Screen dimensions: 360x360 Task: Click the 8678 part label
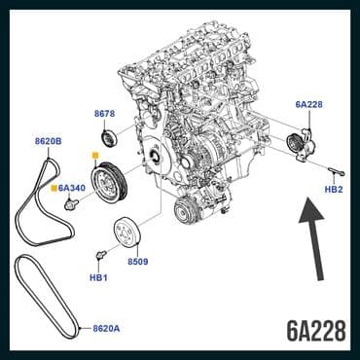click(106, 114)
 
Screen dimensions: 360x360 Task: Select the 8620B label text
click(48, 141)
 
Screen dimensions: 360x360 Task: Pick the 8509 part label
click(137, 262)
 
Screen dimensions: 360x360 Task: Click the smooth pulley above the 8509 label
click(127, 234)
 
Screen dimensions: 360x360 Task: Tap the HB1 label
click(98, 277)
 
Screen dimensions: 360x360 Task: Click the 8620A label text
click(106, 328)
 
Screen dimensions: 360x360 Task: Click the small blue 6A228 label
click(309, 103)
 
